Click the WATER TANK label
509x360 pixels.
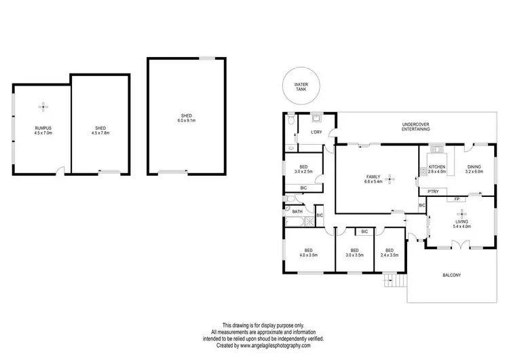pos(301,87)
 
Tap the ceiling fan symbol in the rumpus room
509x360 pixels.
pos(43,106)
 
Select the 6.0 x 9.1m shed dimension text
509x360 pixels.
pos(186,121)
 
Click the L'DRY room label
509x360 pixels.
pos(316,132)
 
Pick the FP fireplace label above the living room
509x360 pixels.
pos(457,199)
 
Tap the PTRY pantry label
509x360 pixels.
pos(433,192)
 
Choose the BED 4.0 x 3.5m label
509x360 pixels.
pos(309,252)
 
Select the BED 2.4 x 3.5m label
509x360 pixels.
pos(390,252)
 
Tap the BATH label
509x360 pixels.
pos(297,211)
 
